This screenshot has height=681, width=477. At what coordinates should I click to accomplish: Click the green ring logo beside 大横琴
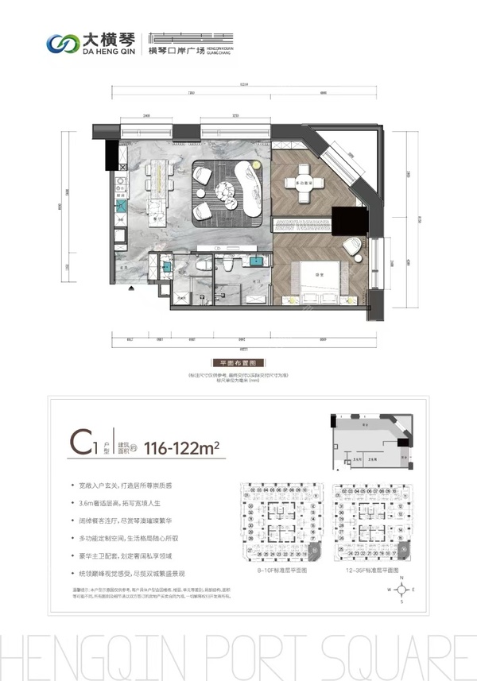[60, 41]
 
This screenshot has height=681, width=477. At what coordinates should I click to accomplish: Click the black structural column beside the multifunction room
[347, 220]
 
